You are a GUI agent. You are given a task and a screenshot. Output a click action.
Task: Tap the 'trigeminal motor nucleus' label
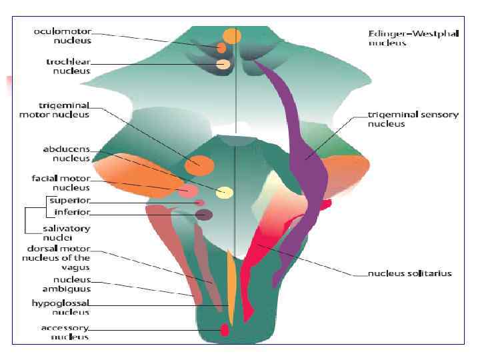coord(54,110)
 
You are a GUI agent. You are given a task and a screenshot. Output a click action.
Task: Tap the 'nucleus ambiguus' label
coord(67,285)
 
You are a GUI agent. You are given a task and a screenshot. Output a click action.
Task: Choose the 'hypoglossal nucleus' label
coord(61,307)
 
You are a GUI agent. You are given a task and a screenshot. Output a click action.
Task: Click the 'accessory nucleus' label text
coord(65,333)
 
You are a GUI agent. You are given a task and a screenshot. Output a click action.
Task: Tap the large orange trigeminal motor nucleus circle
coord(200,164)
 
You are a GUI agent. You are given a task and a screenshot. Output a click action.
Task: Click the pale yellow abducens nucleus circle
coord(225,193)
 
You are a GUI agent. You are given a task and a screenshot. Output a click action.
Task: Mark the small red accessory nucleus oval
coord(225,329)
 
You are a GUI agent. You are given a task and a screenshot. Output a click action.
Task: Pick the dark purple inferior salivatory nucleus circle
coord(204,215)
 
